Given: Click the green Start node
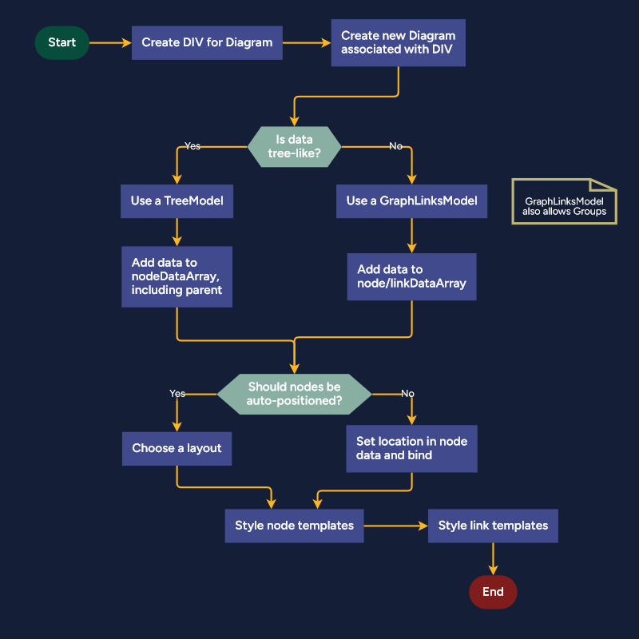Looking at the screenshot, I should click(x=62, y=42).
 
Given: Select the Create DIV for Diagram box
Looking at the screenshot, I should click(x=207, y=42).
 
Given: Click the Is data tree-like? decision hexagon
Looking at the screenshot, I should click(x=294, y=146).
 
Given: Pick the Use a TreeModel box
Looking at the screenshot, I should click(x=177, y=200).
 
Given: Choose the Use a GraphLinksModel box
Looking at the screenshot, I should click(x=411, y=200).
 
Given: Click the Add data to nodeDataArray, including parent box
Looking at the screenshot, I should click(x=177, y=276).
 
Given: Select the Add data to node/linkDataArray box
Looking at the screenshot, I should click(x=411, y=276).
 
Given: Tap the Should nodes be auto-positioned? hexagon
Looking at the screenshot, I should click(x=294, y=393).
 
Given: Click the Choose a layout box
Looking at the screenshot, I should click(x=177, y=448).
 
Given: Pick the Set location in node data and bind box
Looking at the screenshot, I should click(x=411, y=448).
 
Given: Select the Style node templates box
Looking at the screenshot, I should click(x=294, y=526).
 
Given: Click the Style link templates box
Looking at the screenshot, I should click(x=493, y=526).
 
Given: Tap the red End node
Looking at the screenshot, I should click(x=493, y=592).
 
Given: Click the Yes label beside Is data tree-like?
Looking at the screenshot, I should click(x=192, y=146).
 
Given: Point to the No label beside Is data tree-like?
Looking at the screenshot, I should click(x=395, y=146).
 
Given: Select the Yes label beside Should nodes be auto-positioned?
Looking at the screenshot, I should click(x=177, y=393).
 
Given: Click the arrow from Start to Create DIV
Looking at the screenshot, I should click(x=110, y=42).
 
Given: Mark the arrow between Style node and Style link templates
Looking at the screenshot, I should click(x=395, y=526).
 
